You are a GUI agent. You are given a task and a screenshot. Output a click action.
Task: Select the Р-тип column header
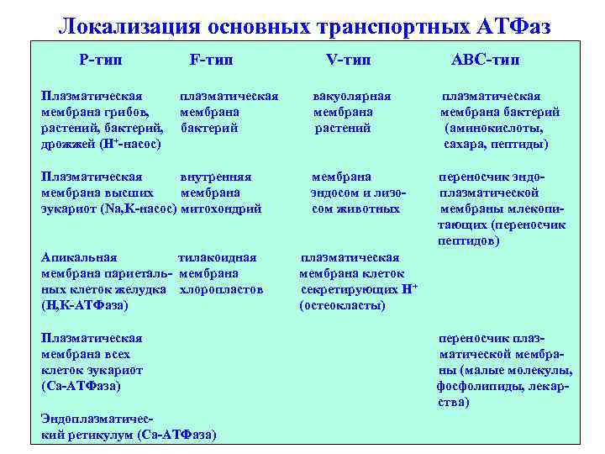103,60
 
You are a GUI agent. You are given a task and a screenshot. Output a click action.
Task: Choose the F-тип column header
211,60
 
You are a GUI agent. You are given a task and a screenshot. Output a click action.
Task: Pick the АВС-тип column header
485,60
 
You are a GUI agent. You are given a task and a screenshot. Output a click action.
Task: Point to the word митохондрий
222,209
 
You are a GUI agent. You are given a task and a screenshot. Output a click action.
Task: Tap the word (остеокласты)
342,305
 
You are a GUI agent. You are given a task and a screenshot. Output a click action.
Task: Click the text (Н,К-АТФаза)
85,305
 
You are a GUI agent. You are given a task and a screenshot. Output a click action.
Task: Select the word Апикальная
79,257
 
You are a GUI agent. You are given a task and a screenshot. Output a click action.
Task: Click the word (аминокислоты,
493,128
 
